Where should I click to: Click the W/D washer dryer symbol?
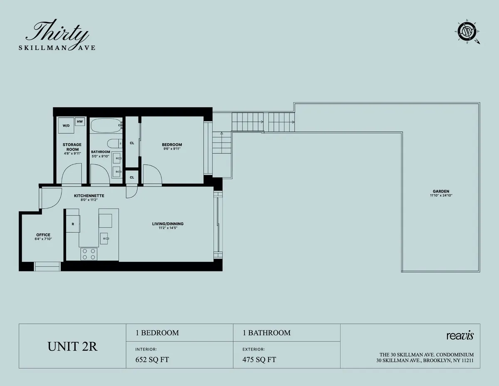[x=66, y=125]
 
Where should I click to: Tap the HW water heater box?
[x=80, y=122]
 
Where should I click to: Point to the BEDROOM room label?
[x=172, y=144]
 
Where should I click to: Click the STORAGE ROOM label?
[x=72, y=147]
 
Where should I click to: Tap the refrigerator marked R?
[x=73, y=224]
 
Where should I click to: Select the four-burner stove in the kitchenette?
[x=89, y=254]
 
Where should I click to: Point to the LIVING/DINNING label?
[x=168, y=224]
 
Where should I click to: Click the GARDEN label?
[x=441, y=192]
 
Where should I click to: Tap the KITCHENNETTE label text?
[x=89, y=195]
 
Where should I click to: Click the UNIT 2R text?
[x=73, y=346]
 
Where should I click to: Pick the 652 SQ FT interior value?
[x=152, y=360]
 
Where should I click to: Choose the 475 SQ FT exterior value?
[x=259, y=360]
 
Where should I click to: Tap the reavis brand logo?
[x=459, y=336]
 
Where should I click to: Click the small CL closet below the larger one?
[x=132, y=177]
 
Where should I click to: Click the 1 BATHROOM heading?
[x=267, y=333]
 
